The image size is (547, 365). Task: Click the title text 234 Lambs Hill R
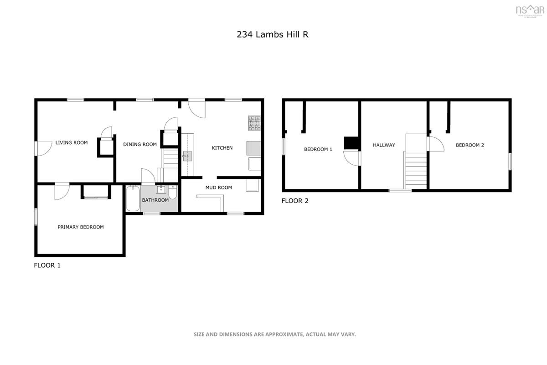(x=273, y=34)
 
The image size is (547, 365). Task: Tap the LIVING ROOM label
(x=72, y=143)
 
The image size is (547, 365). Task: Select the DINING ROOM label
(x=140, y=145)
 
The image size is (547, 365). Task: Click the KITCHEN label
(x=222, y=148)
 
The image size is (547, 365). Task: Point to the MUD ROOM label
(x=218, y=188)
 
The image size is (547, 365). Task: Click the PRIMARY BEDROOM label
(x=80, y=227)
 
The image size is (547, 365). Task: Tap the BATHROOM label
(x=155, y=200)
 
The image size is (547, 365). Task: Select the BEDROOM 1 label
(x=318, y=149)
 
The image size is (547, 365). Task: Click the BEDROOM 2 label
(x=470, y=145)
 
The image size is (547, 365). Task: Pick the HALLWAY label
(x=384, y=145)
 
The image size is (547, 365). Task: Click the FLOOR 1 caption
(x=47, y=266)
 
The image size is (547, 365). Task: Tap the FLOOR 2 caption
(x=295, y=201)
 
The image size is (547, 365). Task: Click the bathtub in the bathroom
(x=133, y=198)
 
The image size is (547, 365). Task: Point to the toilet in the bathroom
(x=172, y=192)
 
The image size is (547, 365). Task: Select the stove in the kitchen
(x=255, y=123)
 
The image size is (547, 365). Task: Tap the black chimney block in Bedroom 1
(x=351, y=143)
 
